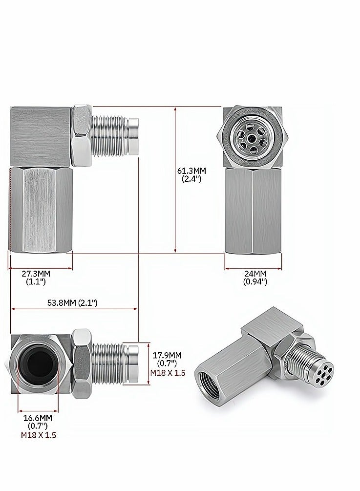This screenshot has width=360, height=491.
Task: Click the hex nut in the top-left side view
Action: coord(81,134)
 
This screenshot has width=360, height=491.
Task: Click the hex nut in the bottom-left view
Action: coord(82,363)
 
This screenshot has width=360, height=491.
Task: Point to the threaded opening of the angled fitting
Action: coord(210,379)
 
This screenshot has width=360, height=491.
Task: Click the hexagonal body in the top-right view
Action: coord(253,210)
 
